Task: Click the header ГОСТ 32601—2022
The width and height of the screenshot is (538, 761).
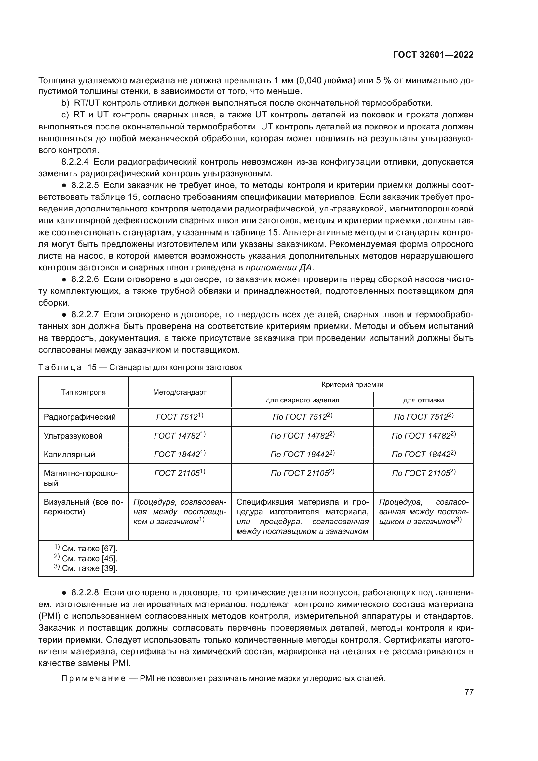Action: click(433, 55)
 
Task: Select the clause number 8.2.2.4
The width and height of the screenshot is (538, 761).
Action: click(75, 162)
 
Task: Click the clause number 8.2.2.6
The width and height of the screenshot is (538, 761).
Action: click(85, 279)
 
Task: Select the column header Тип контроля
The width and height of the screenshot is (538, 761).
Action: click(83, 392)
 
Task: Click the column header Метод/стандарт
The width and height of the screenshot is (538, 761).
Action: click(180, 392)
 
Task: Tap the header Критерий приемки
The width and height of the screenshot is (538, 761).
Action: click(352, 385)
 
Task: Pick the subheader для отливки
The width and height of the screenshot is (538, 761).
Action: click(424, 400)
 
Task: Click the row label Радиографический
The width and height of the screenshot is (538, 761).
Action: click(80, 417)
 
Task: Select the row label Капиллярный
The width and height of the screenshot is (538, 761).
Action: click(69, 455)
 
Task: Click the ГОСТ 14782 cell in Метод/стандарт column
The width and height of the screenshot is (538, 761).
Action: click(180, 436)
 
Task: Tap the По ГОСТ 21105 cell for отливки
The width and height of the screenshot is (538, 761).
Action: click(424, 473)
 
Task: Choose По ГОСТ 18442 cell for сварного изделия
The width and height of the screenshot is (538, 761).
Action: click(302, 455)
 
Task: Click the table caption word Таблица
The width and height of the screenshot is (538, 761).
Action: click(60, 368)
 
